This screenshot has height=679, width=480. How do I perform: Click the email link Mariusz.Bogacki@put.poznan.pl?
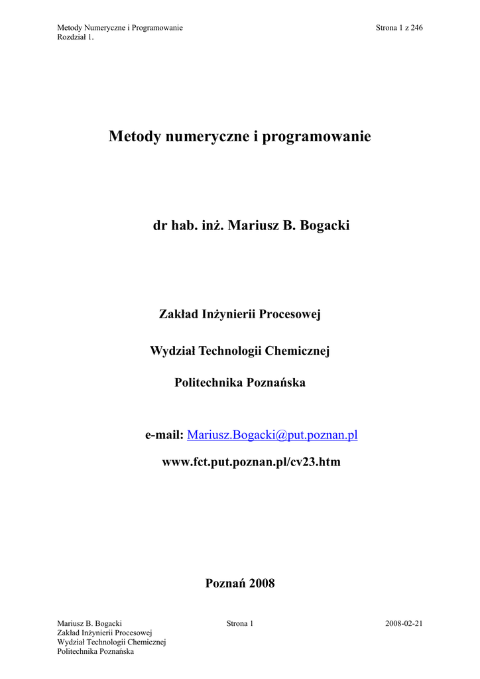point(272,435)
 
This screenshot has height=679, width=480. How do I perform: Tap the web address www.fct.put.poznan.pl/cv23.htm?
point(251,462)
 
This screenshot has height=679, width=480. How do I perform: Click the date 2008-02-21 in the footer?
point(403,624)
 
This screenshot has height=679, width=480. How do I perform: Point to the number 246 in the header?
point(416,27)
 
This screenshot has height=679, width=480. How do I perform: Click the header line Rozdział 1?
point(76,36)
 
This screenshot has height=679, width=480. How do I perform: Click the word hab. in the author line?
point(182,226)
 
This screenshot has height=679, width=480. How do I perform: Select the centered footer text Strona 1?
point(240,624)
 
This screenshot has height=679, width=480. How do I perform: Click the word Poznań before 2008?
point(225,584)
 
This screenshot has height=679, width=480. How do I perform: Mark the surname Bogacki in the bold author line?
point(325,226)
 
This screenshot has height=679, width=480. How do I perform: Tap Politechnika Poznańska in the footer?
point(96,652)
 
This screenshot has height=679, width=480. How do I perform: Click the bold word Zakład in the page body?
point(176,314)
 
